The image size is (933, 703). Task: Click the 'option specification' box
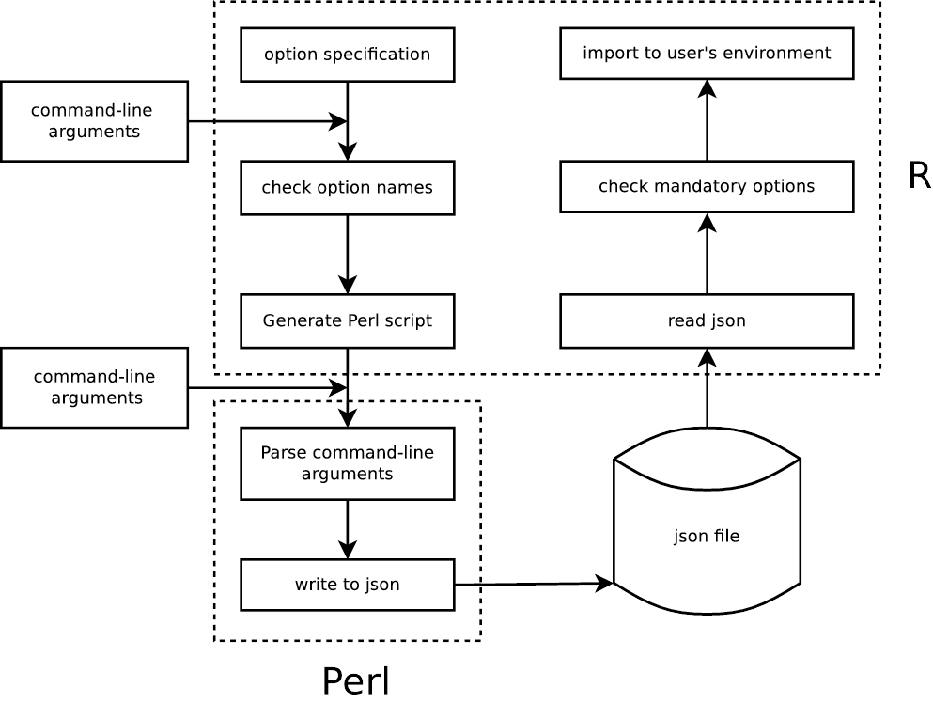coord(348,54)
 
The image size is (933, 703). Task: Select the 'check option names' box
coord(348,187)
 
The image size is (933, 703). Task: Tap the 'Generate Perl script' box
coord(348,320)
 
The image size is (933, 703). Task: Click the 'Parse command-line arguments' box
coord(348,463)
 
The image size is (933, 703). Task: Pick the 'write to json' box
coord(348,585)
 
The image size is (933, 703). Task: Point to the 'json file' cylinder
coord(707,536)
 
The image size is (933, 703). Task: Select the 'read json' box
coord(707,320)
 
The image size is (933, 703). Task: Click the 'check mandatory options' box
coord(707,186)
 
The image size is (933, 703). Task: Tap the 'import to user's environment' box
coord(707,53)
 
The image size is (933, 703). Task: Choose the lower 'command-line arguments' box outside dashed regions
coord(95,387)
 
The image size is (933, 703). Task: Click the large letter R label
coord(919,176)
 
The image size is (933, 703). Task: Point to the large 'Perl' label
coord(355,681)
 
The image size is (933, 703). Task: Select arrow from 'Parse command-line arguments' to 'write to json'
coord(348,529)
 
